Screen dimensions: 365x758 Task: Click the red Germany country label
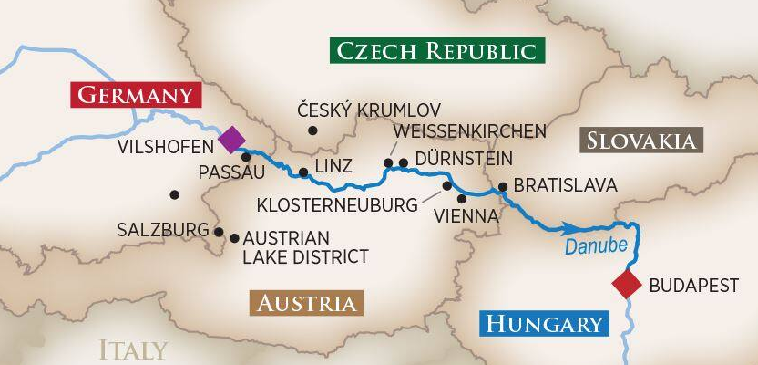(x=136, y=96)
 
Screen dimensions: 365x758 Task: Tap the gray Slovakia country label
(x=641, y=141)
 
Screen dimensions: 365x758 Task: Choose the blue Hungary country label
(x=545, y=324)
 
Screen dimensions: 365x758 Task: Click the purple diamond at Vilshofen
(x=231, y=140)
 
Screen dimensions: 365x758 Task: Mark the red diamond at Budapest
(x=627, y=285)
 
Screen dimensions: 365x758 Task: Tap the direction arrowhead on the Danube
(x=570, y=228)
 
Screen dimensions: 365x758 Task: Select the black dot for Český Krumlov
(x=312, y=130)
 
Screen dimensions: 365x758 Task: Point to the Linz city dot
(x=303, y=172)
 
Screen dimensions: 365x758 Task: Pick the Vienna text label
(x=467, y=216)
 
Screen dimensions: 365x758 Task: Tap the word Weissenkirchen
(x=469, y=131)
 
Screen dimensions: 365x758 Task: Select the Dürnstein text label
(x=463, y=158)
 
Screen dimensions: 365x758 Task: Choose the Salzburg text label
(x=162, y=230)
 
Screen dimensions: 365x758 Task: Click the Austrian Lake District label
(x=305, y=247)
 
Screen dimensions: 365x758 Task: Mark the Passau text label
(x=230, y=172)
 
